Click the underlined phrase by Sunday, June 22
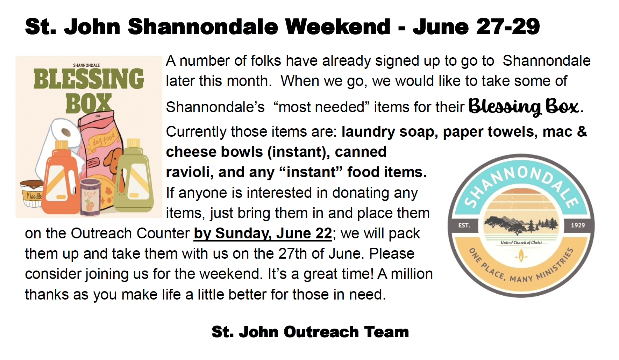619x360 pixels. tap(263, 233)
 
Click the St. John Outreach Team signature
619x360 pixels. tap(310, 332)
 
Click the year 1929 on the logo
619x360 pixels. tap(578, 225)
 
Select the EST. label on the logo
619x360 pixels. tap(464, 225)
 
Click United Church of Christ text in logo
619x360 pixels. tap(521, 243)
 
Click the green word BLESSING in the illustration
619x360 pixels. tap(88, 79)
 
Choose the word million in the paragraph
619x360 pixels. tap(412, 274)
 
